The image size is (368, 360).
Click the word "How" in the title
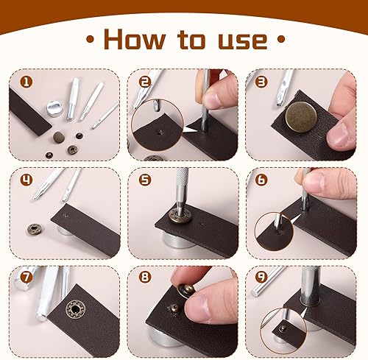coord(135,39)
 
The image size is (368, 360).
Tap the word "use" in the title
coord(242,40)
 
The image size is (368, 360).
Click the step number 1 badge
coord(26,82)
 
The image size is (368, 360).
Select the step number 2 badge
coord(145,82)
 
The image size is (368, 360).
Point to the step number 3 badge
coord(261,82)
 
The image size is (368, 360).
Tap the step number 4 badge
coord(26,180)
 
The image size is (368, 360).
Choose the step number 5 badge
coord(145,180)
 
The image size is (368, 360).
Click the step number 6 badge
coord(261,180)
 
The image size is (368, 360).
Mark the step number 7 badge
coord(26,278)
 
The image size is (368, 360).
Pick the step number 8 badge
coord(145,278)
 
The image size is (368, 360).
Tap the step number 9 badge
coord(261,278)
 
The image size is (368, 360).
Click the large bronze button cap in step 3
coord(301,116)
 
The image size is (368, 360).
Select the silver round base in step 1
coord(54,107)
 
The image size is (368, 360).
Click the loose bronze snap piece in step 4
coord(34,229)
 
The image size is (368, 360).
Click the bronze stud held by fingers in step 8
coord(187,290)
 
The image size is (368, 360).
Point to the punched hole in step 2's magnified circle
coord(158,133)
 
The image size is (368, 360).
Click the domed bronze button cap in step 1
coord(59,136)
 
